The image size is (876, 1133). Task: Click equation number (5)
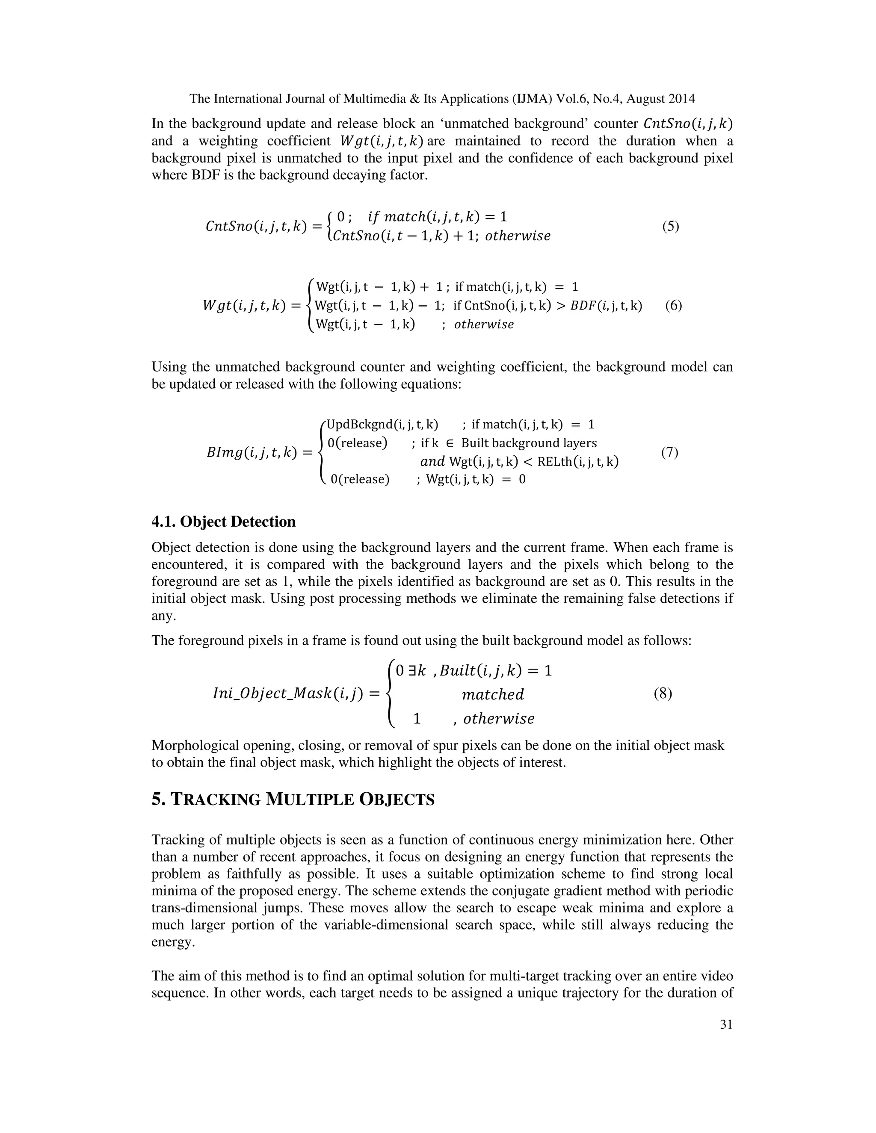tap(671, 227)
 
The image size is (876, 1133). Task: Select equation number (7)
tap(669, 452)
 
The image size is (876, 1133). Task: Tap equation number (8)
tap(663, 694)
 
